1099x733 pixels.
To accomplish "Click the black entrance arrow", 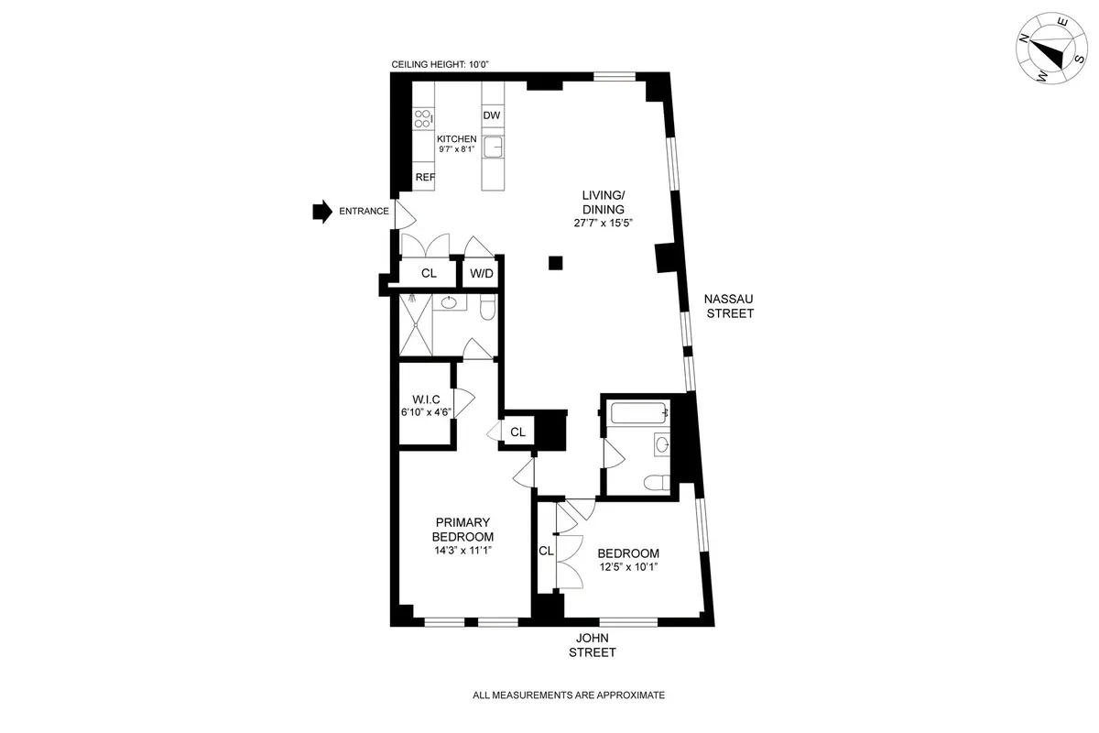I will coord(321,212).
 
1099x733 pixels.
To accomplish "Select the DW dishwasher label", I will coord(492,115).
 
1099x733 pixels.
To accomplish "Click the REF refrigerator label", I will coord(425,178).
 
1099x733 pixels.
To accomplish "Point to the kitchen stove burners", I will coord(423,117).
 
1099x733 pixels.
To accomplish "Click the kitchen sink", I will coord(493,145).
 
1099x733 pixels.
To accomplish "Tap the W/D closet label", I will coord(482,273).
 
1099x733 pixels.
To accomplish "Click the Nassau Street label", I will coord(729,306).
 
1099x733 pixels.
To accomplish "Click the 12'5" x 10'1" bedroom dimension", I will coord(628,567).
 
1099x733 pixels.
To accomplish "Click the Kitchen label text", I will coord(456,138).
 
